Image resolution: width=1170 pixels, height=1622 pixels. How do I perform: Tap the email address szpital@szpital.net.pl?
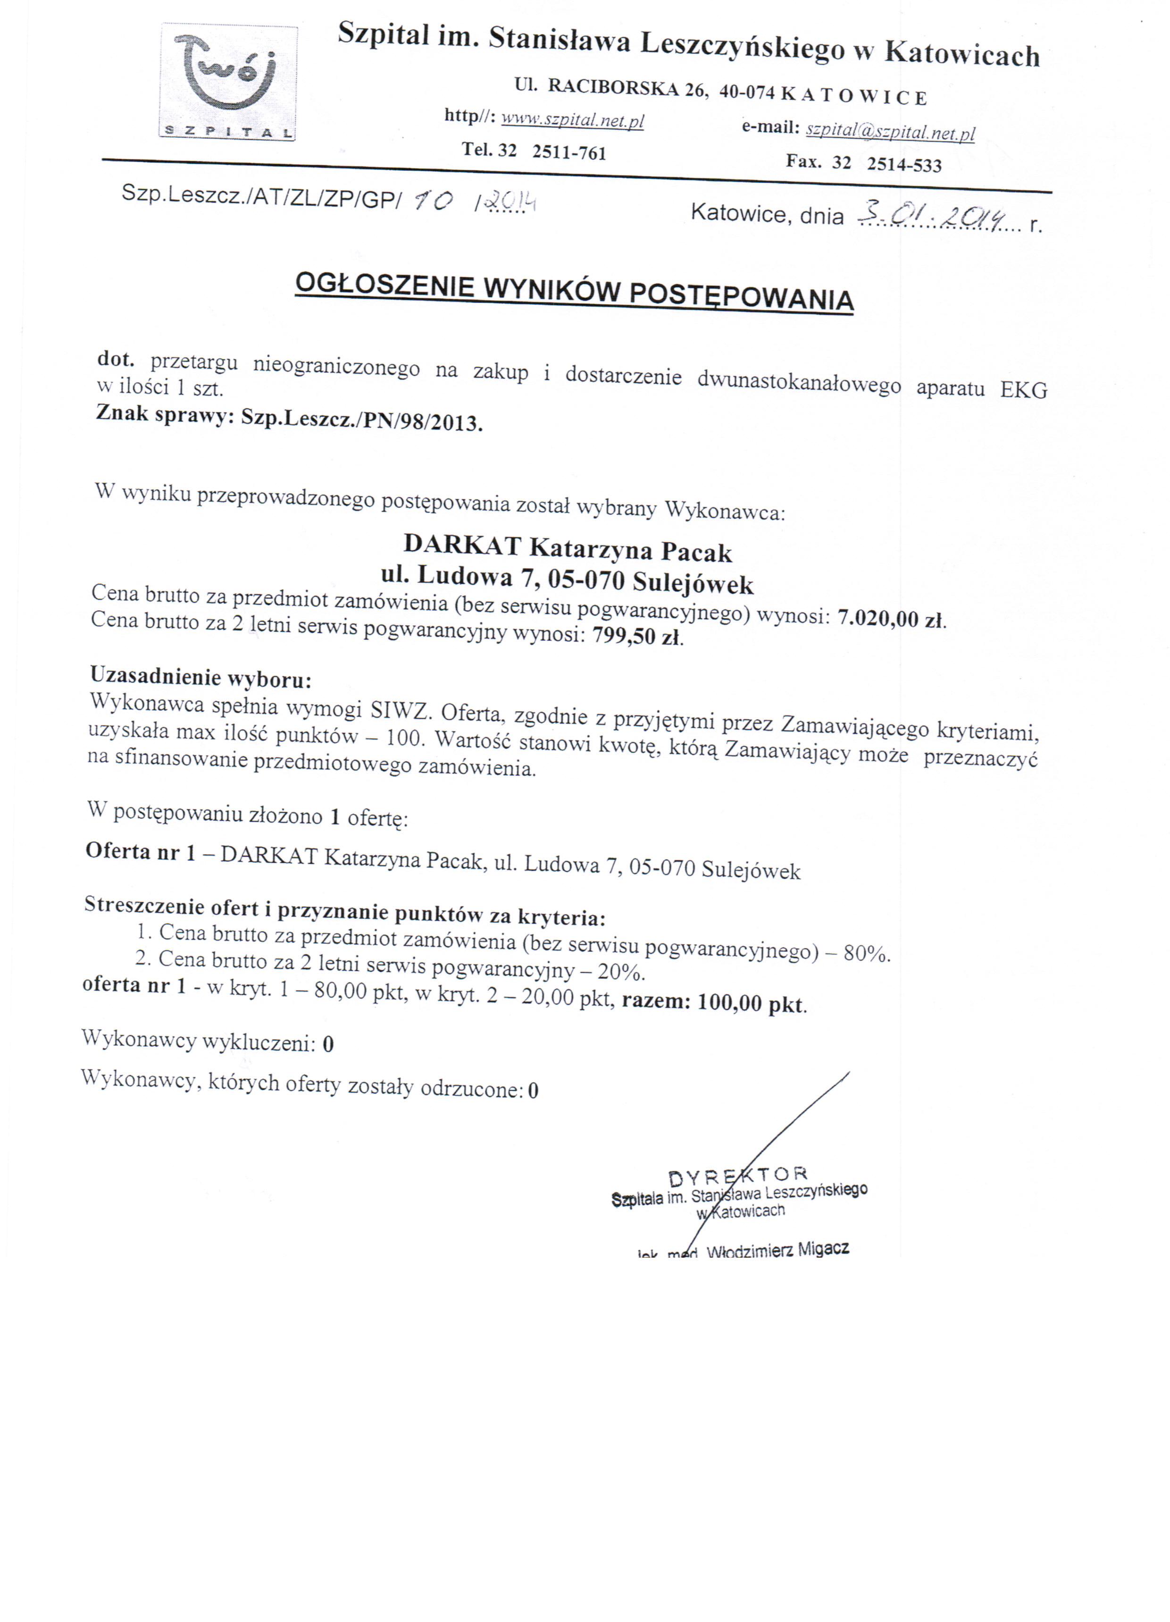[890, 132]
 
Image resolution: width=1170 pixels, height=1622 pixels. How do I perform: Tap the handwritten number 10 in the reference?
[432, 202]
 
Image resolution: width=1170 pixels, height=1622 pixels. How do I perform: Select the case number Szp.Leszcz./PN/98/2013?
[362, 420]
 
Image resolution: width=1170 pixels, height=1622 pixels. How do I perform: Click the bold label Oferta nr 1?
[140, 851]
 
